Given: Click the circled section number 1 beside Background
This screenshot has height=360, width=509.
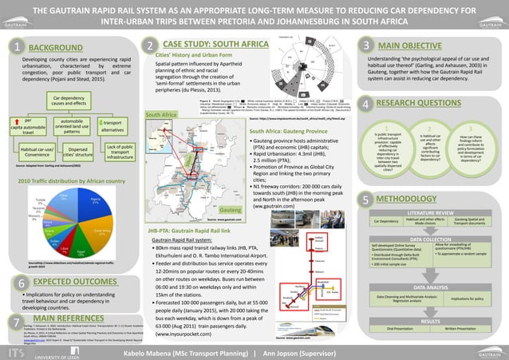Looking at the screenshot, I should coord(16,49).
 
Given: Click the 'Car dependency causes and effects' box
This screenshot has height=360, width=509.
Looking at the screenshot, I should coord(69,101).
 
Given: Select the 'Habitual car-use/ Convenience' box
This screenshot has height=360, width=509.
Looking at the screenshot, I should coord(37,152).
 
